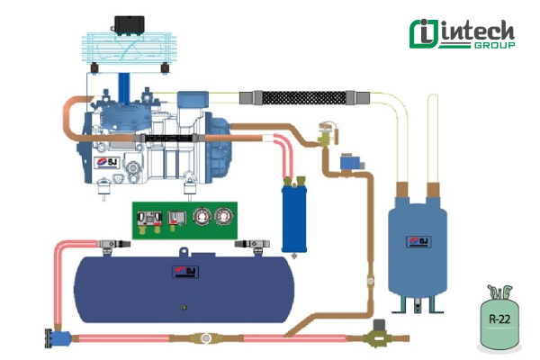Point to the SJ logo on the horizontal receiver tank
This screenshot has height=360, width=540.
pos(186,274)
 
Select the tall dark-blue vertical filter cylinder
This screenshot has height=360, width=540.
pos(290,216)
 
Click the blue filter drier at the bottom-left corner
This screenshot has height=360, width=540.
pos(59,339)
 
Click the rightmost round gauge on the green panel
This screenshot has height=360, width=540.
pos(220,216)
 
